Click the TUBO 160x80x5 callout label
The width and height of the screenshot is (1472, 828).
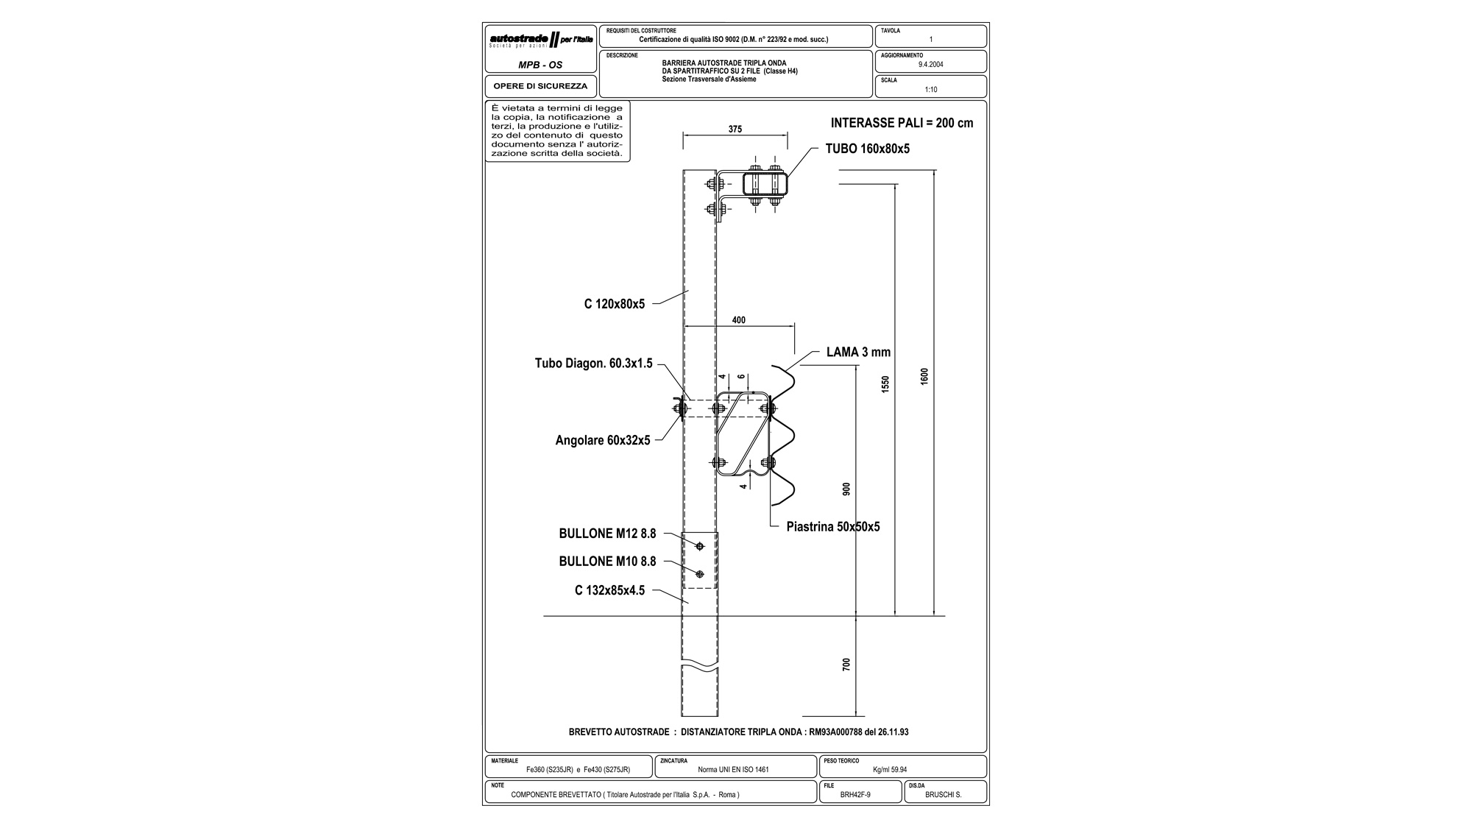click(x=867, y=149)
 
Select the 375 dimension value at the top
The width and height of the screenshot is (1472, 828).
click(x=735, y=129)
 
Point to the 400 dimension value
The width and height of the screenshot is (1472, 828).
click(x=739, y=320)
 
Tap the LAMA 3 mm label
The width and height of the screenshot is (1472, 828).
click(x=858, y=353)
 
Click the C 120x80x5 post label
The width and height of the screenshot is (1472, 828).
click(x=615, y=304)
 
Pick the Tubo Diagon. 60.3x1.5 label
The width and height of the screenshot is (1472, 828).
click(x=593, y=364)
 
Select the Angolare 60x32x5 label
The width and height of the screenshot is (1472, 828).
click(x=603, y=441)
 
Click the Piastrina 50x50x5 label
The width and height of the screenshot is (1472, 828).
click(x=833, y=527)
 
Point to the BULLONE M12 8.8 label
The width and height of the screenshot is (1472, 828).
click(x=607, y=534)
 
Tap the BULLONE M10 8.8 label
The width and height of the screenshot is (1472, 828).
click(x=607, y=562)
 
